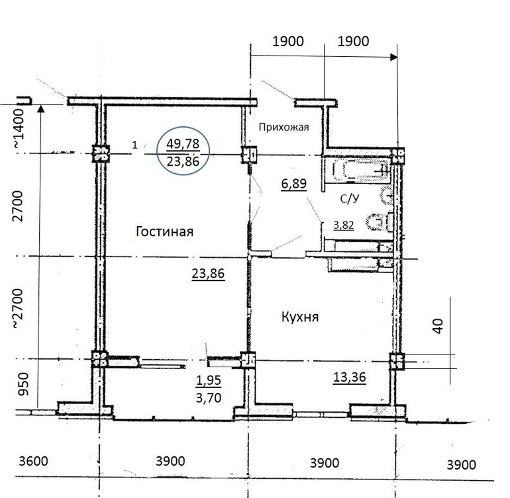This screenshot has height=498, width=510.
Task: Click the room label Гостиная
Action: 164,231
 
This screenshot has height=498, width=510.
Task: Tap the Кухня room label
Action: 300,316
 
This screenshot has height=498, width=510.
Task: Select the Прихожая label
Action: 283,127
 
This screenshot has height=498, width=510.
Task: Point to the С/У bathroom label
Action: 350,198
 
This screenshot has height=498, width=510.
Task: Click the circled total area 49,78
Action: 183,144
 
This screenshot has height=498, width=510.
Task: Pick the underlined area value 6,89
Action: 293,184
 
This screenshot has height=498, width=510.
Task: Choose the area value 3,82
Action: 344,225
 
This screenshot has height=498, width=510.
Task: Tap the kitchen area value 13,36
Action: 350,377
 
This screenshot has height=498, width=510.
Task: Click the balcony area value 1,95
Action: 209,380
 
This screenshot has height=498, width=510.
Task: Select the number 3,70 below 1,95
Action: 209,397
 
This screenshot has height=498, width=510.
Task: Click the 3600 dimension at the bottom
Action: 33,461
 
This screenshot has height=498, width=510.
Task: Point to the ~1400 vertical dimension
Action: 19,129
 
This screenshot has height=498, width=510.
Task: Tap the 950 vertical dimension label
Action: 23,384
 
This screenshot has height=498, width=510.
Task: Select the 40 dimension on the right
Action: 438,326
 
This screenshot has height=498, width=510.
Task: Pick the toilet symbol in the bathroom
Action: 380,222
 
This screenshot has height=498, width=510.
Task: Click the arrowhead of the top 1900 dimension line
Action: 393,57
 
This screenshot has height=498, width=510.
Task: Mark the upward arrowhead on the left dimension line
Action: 40,108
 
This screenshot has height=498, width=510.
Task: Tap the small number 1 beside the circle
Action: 135,145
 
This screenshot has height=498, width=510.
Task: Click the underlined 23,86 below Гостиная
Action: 208,274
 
